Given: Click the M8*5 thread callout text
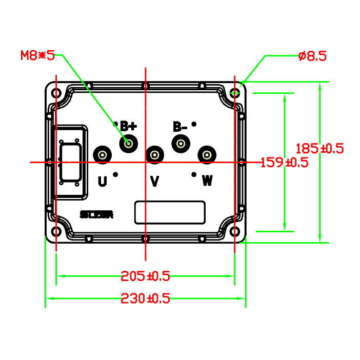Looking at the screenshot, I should coord(37,55).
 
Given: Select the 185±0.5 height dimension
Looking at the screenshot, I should coord(319,149).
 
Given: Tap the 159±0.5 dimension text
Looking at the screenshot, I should coord(284,163).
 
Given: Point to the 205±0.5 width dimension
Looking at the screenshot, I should coord(145,276).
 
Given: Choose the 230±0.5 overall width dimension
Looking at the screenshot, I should coord(145,298).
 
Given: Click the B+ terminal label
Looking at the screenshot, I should coord(128,126).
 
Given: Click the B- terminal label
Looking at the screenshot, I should coord(179,127).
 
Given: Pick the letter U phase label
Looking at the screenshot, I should coord(103,181).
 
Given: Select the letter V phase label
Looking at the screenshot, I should coord(154,181).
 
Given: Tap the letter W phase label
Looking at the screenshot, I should coord(207,181).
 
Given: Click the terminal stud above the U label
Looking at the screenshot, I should coord(103,155).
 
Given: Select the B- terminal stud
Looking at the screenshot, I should coord(181,143).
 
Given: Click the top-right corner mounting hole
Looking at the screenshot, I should coord(235,93).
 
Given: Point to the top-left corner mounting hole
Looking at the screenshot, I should coord(56,94).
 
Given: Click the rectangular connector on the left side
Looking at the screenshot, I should coord(69,162).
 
